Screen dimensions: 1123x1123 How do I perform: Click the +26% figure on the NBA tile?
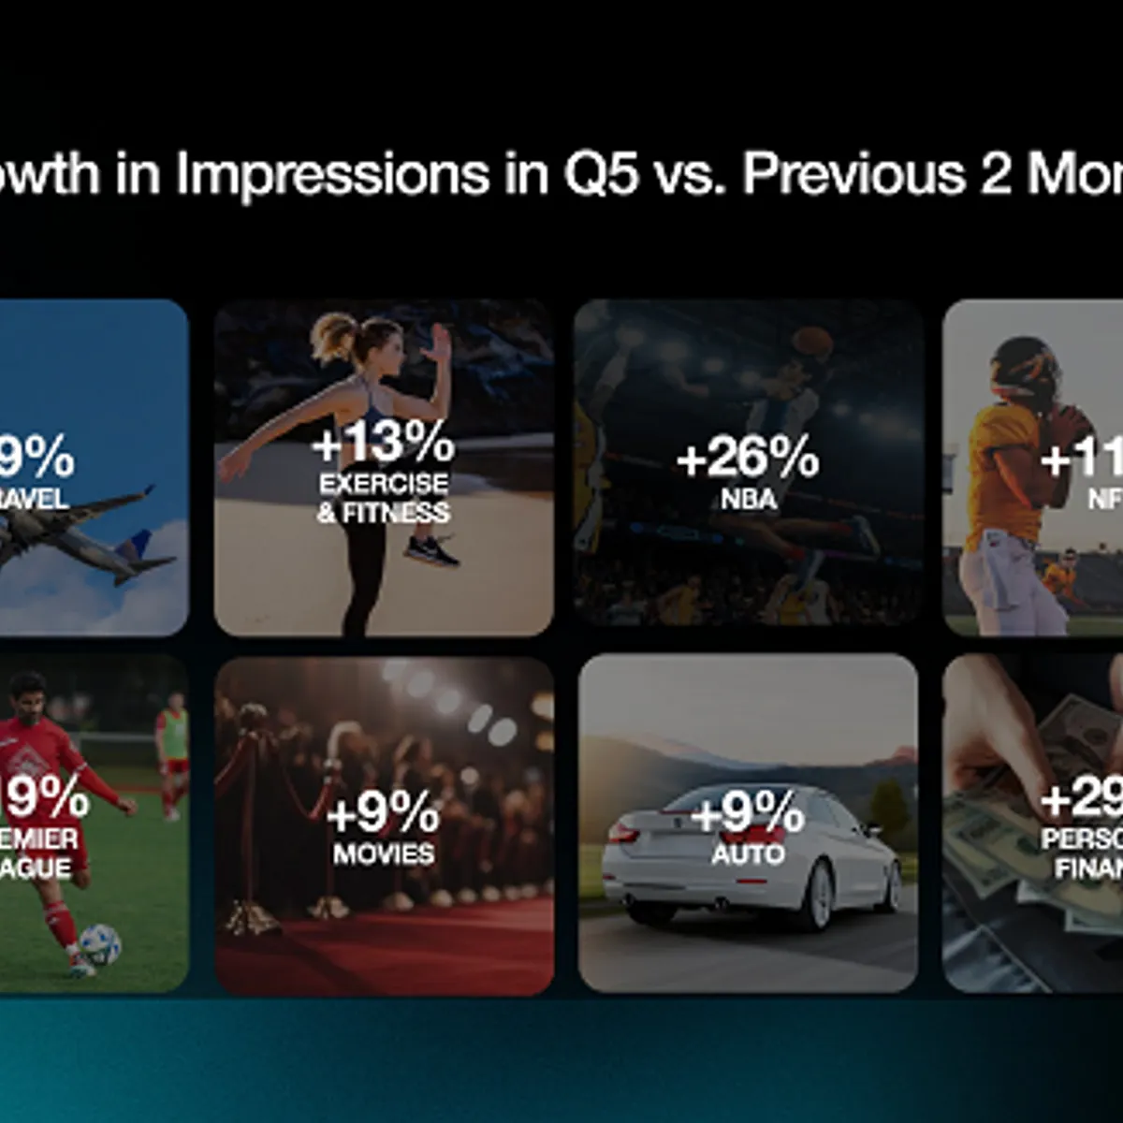click(747, 458)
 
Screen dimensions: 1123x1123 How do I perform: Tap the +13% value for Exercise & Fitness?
click(383, 443)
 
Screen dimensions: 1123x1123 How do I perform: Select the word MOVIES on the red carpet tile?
click(384, 853)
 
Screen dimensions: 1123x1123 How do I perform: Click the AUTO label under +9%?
click(748, 853)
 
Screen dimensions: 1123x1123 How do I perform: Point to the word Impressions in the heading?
click(332, 174)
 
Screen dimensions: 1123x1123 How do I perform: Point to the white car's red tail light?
click(624, 832)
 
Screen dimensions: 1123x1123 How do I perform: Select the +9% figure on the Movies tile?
click(383, 812)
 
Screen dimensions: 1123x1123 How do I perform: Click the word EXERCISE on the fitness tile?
click(383, 484)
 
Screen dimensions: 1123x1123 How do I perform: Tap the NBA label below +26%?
click(748, 499)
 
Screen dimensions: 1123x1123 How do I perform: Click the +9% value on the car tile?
click(747, 812)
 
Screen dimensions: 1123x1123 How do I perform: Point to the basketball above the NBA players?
click(812, 342)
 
